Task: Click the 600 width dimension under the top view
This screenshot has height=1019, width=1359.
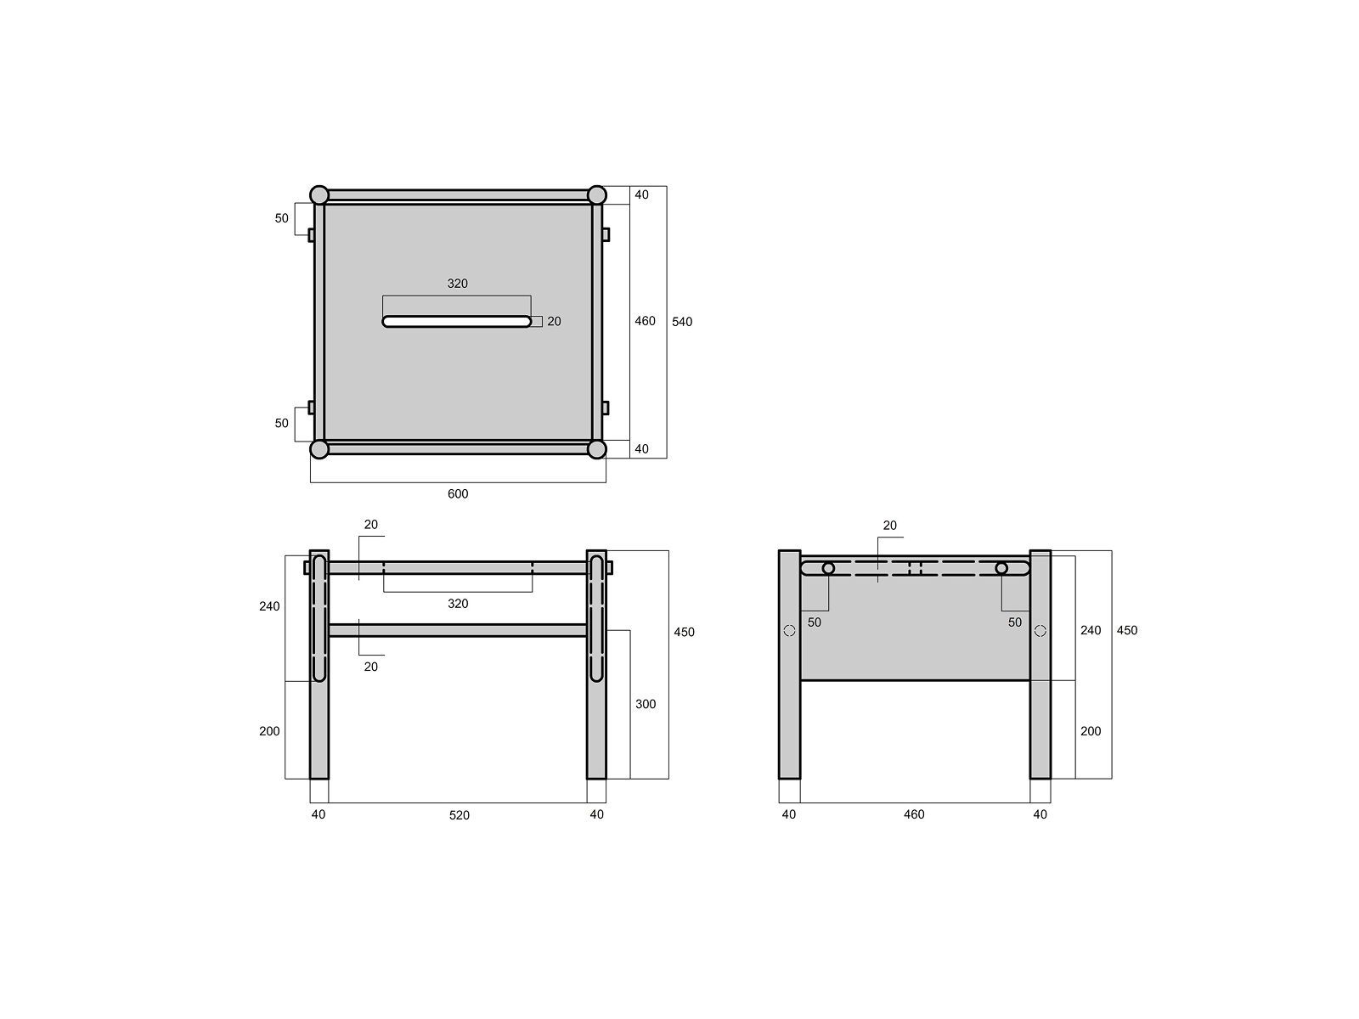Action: click(458, 494)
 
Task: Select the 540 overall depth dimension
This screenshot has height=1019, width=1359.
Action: click(682, 322)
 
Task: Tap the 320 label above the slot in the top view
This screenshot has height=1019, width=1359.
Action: click(458, 284)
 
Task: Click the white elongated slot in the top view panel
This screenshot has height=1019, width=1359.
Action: click(457, 321)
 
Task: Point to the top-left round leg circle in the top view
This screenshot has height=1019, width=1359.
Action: click(319, 195)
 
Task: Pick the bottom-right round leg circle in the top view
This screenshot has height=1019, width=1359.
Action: click(596, 448)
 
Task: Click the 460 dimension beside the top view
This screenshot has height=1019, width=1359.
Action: click(646, 321)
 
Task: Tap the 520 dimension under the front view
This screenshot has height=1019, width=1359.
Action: click(459, 815)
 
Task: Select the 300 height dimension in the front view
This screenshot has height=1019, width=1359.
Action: click(646, 704)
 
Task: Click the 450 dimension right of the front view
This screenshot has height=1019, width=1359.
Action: click(684, 632)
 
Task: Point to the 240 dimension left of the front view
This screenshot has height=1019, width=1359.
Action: click(269, 606)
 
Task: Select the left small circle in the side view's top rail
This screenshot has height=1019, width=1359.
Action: click(828, 568)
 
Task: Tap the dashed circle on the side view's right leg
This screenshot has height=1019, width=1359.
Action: click(1040, 631)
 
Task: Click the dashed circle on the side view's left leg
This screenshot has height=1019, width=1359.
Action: click(789, 631)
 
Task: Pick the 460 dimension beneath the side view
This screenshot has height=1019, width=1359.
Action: click(914, 814)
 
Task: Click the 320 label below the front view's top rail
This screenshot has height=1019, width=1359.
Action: click(458, 604)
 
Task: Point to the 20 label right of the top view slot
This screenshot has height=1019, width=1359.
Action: click(554, 321)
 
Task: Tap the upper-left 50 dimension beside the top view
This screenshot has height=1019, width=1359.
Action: click(282, 218)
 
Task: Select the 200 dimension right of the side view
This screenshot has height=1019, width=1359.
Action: click(1091, 731)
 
